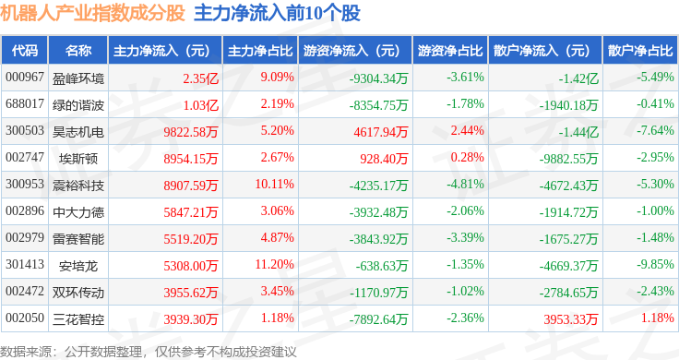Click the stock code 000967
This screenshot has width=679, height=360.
(25, 78)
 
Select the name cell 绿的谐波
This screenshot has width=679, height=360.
(78, 105)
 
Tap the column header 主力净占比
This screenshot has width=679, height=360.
(260, 51)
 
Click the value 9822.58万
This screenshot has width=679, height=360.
(191, 132)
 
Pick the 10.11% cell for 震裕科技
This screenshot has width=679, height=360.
(275, 184)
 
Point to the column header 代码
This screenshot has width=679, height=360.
(25, 51)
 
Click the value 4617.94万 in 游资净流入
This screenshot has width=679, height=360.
(381, 132)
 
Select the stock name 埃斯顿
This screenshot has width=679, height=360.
(78, 159)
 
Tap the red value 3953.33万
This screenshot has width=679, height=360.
(571, 319)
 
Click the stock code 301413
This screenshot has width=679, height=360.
(25, 264)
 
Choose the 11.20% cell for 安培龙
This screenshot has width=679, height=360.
(275, 264)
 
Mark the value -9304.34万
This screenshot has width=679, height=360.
(379, 78)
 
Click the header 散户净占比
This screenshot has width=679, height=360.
(640, 51)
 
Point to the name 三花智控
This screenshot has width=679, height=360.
(78, 319)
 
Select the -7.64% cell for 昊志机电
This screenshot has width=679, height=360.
(655, 130)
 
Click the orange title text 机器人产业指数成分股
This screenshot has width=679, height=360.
(92, 13)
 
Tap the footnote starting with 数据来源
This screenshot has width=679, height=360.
(149, 352)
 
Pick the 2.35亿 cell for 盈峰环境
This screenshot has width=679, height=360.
(200, 78)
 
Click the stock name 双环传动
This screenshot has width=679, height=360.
(78, 293)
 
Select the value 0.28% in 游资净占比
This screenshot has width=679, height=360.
(467, 157)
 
